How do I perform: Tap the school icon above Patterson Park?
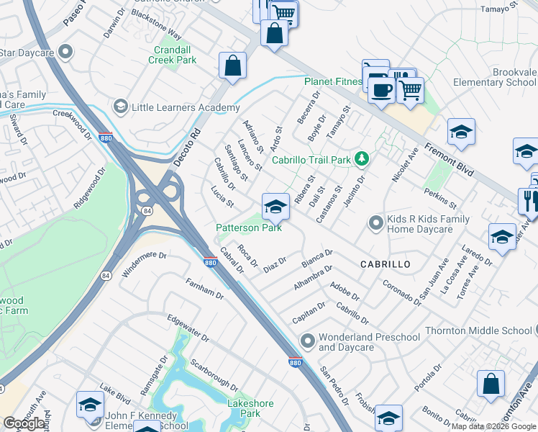tap(275, 207)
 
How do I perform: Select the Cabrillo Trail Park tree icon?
tap(363, 158)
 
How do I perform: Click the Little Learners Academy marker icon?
tap(120, 107)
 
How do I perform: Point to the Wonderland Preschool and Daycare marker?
tap(308, 339)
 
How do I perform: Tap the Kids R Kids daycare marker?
tap(374, 223)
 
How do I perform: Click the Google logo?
tap(24, 423)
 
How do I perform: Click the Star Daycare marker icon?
tap(66, 52)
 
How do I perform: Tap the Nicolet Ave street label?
tap(403, 165)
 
